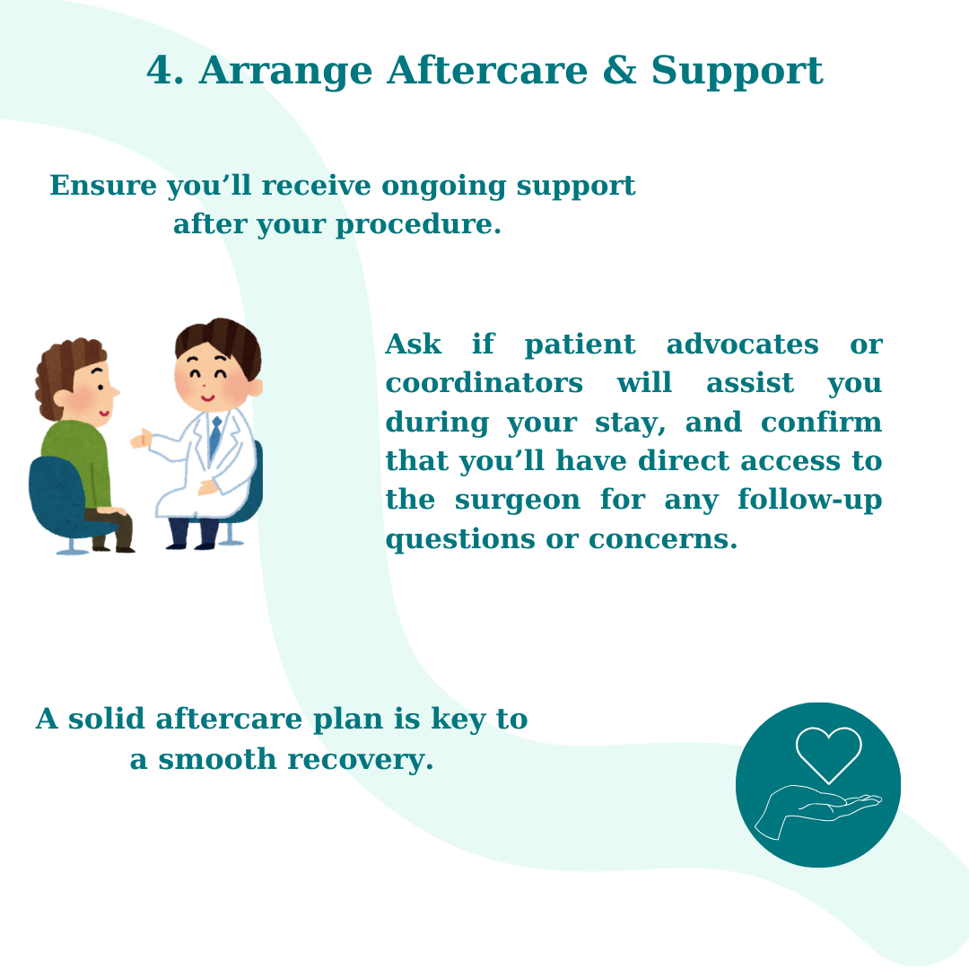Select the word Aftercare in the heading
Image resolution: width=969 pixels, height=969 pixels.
click(x=487, y=70)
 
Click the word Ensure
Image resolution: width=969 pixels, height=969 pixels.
click(x=103, y=186)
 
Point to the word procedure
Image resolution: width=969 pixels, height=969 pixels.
click(x=417, y=225)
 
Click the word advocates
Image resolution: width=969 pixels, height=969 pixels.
click(x=742, y=345)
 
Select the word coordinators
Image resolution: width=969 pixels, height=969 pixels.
click(x=484, y=383)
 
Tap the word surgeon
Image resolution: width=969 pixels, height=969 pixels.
click(x=518, y=501)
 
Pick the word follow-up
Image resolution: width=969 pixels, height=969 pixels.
click(x=809, y=500)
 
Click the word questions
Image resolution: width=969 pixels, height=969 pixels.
click(x=459, y=540)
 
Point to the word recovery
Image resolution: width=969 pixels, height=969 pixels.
click(x=361, y=760)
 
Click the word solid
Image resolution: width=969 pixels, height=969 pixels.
click(x=106, y=719)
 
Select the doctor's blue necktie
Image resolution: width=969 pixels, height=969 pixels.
click(x=214, y=437)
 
